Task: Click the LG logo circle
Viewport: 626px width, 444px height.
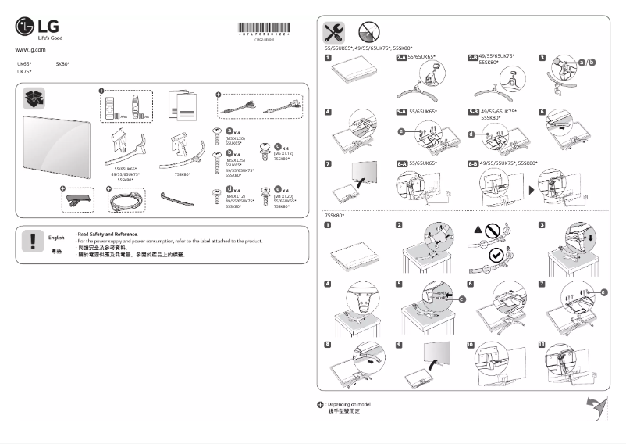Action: click(x=25, y=29)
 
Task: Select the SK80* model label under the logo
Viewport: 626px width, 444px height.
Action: click(x=62, y=63)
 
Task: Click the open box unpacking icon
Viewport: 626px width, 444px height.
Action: click(x=35, y=99)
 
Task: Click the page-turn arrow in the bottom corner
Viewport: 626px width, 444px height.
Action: click(x=596, y=406)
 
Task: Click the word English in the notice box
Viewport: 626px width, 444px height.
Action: click(x=56, y=237)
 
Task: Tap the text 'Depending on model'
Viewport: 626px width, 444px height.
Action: click(x=348, y=403)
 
